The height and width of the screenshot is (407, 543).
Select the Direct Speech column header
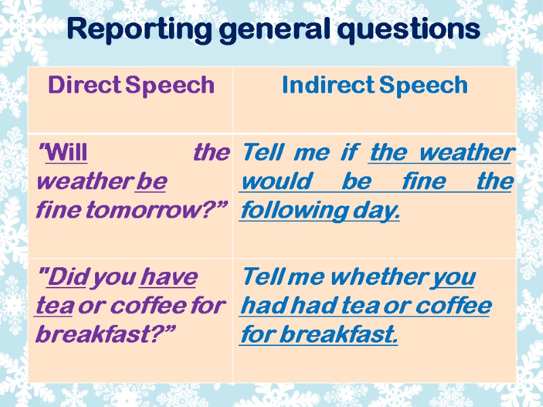[132, 85]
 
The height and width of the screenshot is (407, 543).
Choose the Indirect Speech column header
[375, 85]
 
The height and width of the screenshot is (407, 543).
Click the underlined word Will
[67, 153]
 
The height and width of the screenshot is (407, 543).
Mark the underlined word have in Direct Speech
[168, 277]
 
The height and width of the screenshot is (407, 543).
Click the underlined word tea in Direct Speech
[54, 305]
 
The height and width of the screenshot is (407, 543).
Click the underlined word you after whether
[454, 277]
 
